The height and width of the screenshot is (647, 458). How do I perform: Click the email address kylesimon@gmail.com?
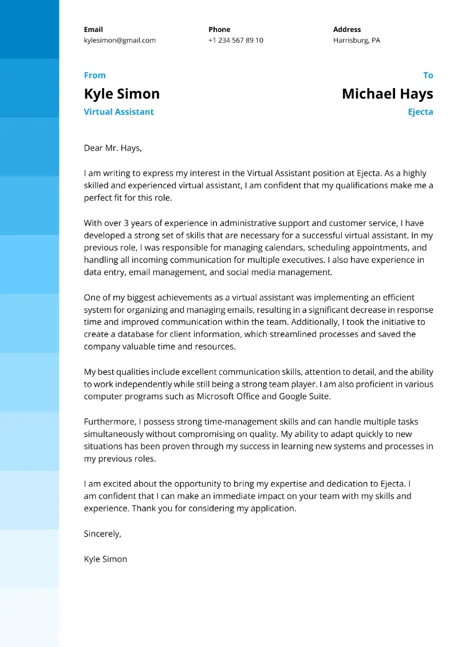[x=120, y=41]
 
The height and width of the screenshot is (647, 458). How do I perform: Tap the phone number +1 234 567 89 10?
[x=236, y=41]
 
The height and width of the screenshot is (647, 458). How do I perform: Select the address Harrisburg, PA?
[x=356, y=41]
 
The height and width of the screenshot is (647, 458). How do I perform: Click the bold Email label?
[x=93, y=30]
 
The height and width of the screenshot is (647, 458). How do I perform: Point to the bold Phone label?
[x=219, y=30]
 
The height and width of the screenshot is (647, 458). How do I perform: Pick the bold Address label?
[x=347, y=30]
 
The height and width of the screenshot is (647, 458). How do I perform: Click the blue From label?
[x=94, y=76]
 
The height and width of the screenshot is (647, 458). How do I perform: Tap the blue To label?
[x=428, y=76]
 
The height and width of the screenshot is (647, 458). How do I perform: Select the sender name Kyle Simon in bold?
[x=121, y=94]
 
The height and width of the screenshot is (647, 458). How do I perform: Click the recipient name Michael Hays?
[x=387, y=94]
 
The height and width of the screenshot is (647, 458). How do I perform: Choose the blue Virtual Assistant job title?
[x=119, y=112]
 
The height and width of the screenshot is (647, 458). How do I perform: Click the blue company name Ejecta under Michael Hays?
[x=420, y=112]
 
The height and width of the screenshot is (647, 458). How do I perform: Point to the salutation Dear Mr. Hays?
[x=112, y=148]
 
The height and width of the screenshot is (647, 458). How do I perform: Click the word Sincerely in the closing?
[x=102, y=534]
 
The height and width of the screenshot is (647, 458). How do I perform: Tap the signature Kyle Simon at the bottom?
[x=105, y=559]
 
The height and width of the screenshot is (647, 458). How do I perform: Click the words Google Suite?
[x=305, y=396]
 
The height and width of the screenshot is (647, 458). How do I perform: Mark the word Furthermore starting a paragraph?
[x=108, y=422]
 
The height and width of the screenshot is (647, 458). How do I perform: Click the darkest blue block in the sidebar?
[x=29, y=29]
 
